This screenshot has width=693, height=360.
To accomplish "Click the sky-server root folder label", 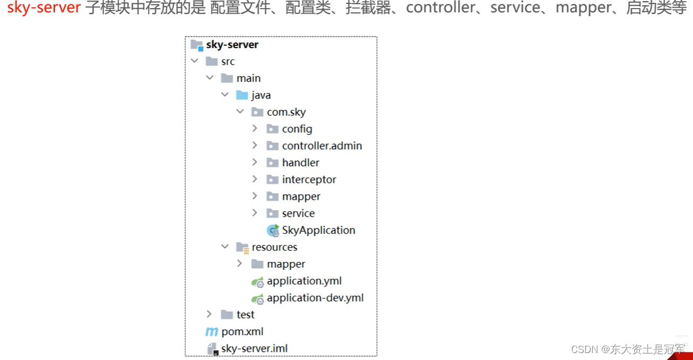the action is (232, 45).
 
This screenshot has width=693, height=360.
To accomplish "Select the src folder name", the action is (228, 61).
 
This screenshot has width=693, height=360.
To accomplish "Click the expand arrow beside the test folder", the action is (209, 314).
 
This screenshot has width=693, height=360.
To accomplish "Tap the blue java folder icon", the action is (242, 95).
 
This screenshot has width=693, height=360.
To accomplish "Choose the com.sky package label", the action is (286, 112).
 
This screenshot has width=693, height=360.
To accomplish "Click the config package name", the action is (297, 129).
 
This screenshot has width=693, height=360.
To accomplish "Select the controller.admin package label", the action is (322, 146).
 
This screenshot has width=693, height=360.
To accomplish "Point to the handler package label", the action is (300, 162).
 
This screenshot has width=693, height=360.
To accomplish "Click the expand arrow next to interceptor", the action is (255, 179).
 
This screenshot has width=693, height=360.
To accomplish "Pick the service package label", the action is (298, 213).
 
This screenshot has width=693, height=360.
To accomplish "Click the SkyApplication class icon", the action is (273, 231).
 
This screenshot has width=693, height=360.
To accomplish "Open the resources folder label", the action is (275, 247).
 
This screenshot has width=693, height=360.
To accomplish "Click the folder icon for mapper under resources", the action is (257, 264).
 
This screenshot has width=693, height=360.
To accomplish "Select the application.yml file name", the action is (304, 281).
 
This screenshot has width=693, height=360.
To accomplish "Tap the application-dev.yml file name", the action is (315, 297).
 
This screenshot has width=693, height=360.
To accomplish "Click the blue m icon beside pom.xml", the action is (211, 331).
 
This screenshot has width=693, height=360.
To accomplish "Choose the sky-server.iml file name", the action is (255, 348).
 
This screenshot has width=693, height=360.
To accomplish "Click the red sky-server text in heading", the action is (44, 9).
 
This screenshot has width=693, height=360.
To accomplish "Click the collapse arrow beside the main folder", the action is (209, 78).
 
